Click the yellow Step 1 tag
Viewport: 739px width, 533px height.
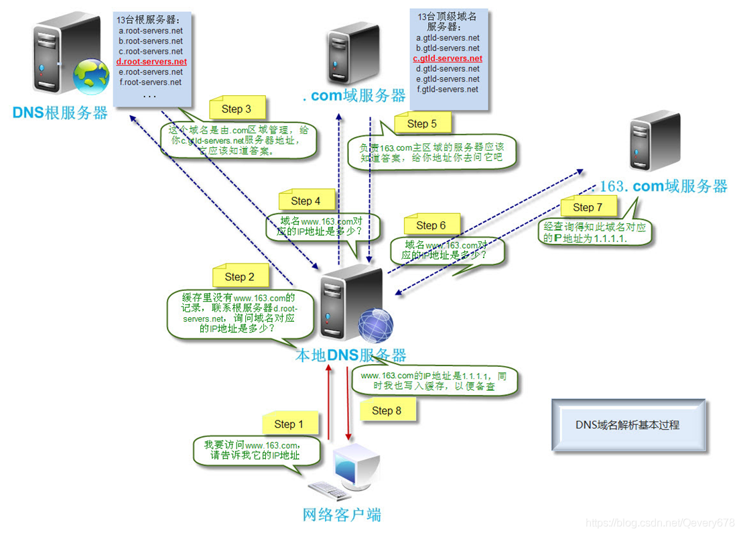pos(289,424)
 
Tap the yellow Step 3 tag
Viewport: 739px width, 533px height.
pos(237,109)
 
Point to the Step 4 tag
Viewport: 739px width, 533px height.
pos(306,200)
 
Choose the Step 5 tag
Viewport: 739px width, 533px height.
pos(421,123)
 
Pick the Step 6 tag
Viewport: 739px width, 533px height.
pos(431,225)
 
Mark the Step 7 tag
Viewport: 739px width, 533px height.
pos(588,207)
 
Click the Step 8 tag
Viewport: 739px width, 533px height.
pos(387,410)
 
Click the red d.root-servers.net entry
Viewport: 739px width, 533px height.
pos(151,62)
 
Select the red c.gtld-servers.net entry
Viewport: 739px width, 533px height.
pos(448,58)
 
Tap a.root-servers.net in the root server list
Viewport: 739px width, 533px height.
pos(151,31)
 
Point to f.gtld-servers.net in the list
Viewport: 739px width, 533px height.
pos(448,89)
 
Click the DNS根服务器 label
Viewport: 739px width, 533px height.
pos(60,112)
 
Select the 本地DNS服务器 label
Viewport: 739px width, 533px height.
pos(350,355)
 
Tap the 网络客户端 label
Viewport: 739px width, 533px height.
pos(342,515)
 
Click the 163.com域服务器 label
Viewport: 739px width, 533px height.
pos(663,186)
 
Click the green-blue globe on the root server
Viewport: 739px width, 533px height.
pos(91,78)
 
